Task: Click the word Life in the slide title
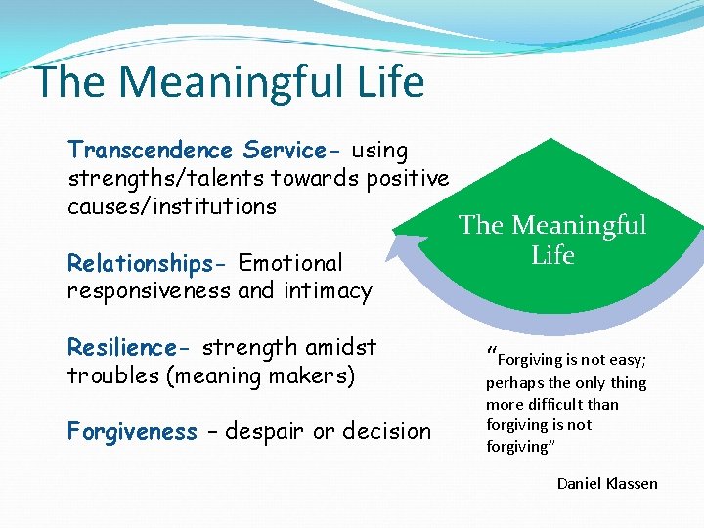coord(387,82)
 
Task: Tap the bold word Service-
coord(291,151)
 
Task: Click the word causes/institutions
coord(172,207)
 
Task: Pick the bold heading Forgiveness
coord(132,432)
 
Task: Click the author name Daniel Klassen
coord(607,483)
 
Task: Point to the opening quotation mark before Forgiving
coord(491,355)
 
